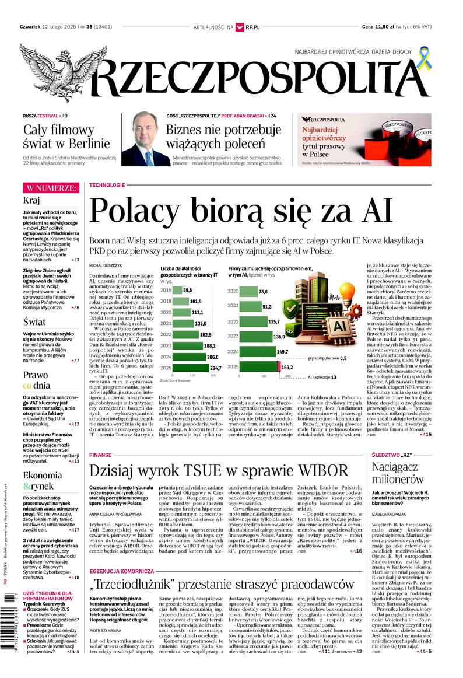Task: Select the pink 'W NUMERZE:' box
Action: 51,188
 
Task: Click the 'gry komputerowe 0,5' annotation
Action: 327,358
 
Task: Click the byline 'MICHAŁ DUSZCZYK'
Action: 104,265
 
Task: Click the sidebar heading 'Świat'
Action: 34,321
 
